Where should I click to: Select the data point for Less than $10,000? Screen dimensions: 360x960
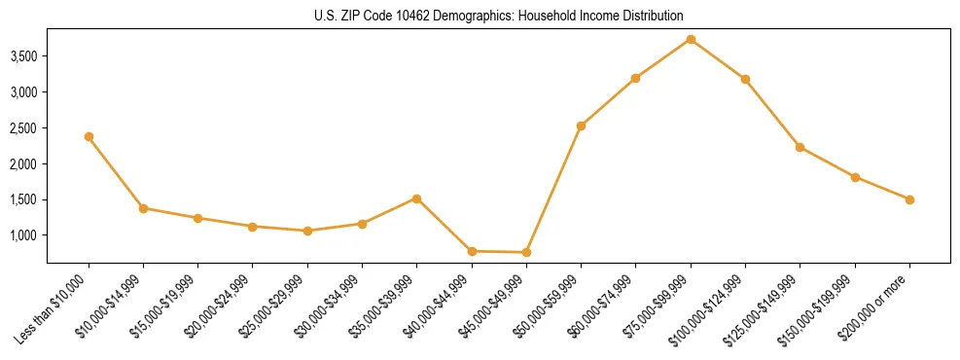89,136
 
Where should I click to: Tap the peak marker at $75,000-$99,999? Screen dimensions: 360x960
691,39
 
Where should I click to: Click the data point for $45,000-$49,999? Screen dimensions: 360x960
526,252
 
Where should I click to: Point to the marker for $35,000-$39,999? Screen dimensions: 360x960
416,198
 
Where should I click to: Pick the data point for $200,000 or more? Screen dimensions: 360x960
909,199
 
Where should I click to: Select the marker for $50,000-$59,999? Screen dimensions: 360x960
581,126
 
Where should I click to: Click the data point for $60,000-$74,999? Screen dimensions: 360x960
635,78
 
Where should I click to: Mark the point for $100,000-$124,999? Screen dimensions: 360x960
745,79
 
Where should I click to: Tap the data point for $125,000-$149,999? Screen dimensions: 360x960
800,147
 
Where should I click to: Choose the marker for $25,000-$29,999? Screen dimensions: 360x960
307,231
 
